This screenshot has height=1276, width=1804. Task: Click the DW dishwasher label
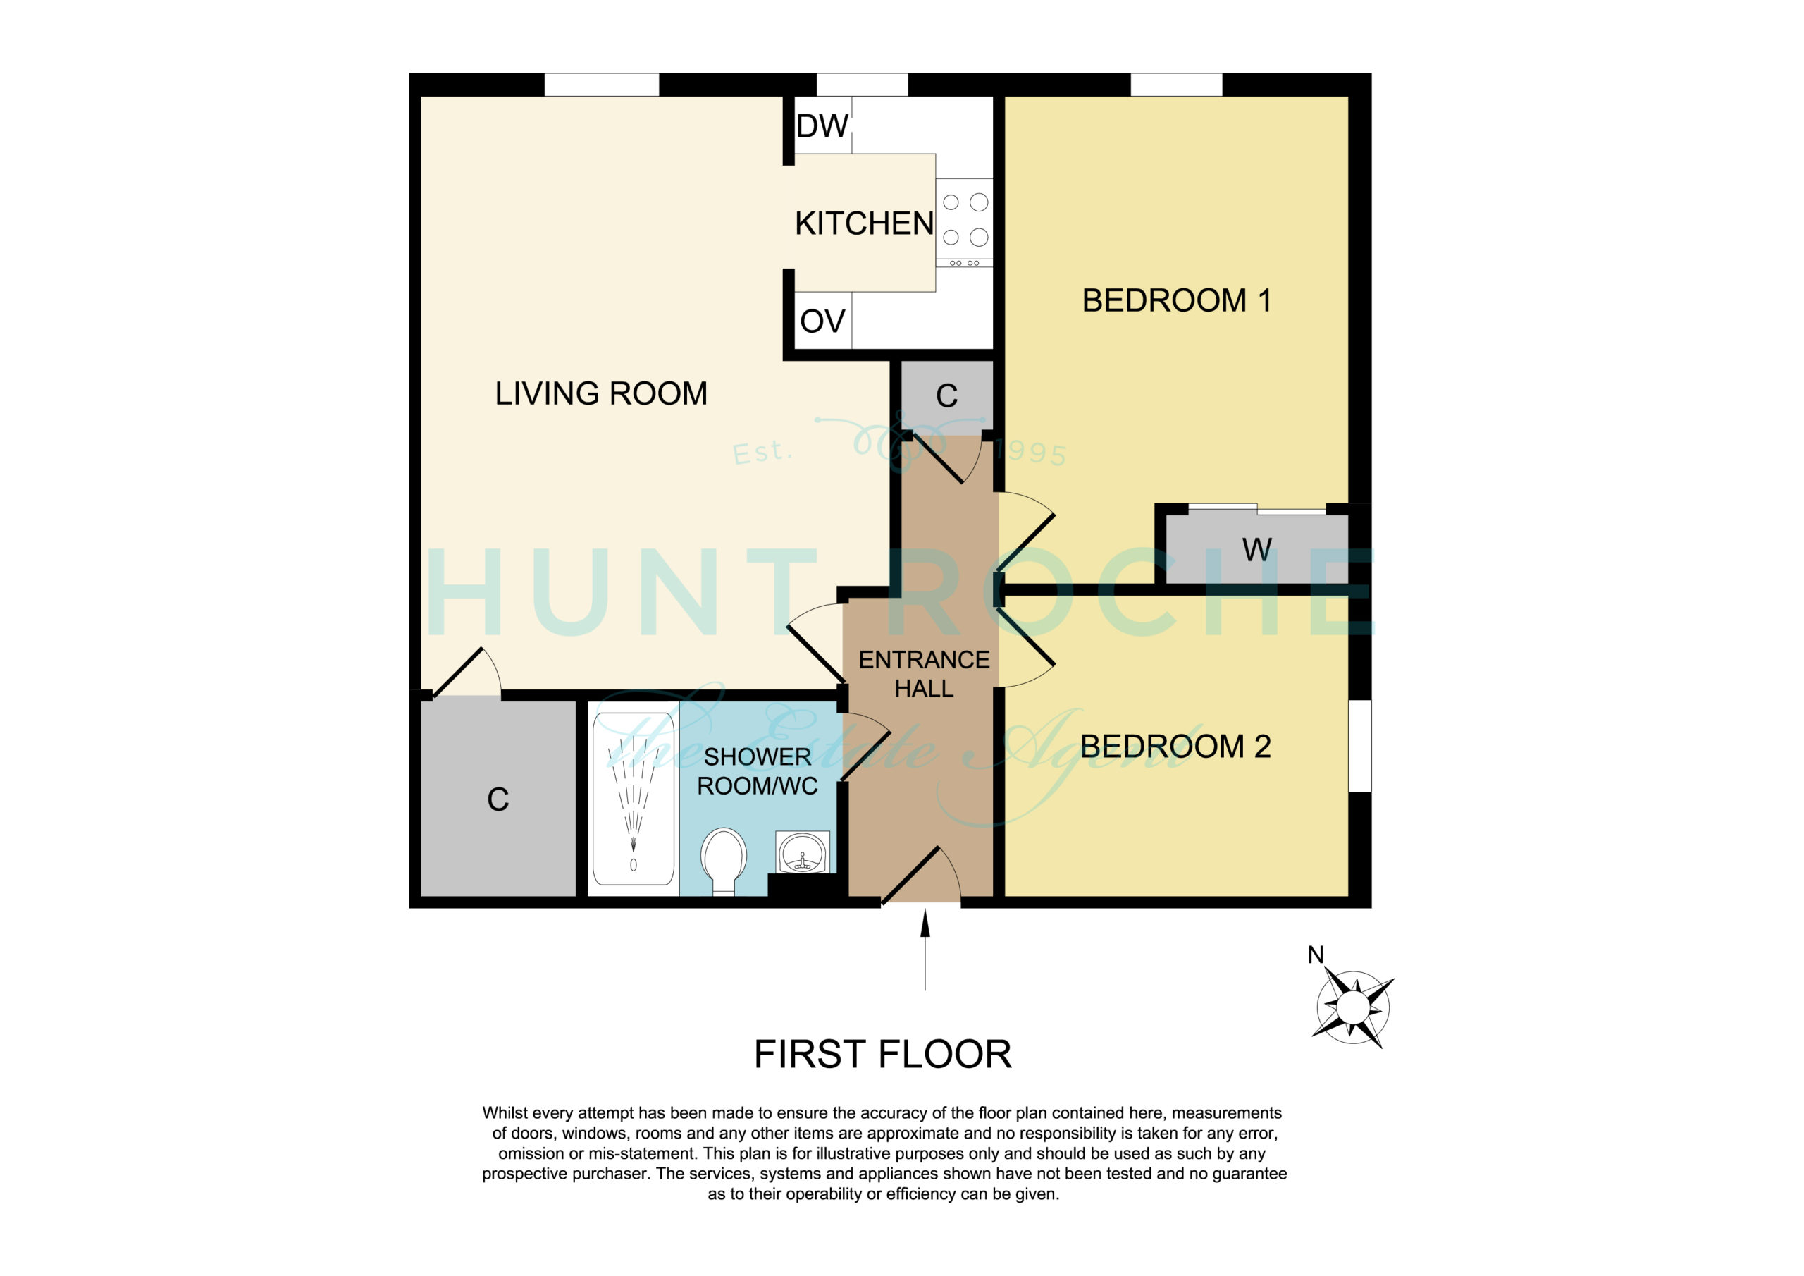822,125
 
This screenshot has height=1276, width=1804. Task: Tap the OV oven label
822,321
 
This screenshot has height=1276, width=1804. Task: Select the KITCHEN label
864,223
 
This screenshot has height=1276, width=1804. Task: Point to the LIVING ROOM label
601,393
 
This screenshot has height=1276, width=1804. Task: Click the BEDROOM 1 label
1176,300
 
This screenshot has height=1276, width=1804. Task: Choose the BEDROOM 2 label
1175,746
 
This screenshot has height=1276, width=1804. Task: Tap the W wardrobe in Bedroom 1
1256,548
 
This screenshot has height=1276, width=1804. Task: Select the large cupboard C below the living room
498,799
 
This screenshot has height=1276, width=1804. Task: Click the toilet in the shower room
723,861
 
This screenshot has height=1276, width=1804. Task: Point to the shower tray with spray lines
634,799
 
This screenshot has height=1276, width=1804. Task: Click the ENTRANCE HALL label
924,674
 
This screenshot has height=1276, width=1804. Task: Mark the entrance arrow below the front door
925,949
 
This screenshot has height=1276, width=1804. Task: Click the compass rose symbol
1352,1007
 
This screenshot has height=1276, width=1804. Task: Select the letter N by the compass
1315,955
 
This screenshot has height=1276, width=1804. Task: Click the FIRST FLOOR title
882,1055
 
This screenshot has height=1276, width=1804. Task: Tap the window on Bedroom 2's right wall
1360,745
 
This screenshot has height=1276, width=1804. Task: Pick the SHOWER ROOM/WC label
758,771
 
